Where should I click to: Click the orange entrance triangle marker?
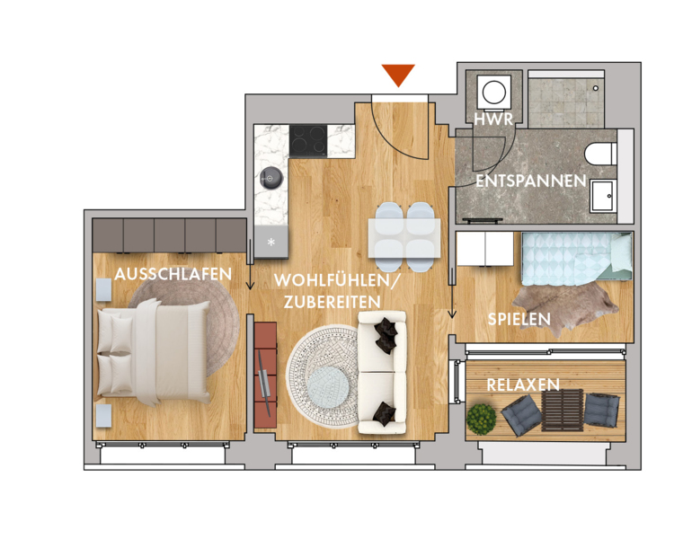point(398,75)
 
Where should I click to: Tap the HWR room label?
point(493,119)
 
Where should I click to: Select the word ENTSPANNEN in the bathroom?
point(531,181)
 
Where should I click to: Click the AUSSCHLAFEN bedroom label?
point(173,274)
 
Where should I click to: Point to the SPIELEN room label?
point(519,319)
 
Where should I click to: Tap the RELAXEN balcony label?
point(523,385)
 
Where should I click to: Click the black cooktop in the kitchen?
point(308,141)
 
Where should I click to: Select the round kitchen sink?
point(271,178)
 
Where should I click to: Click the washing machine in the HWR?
point(494,93)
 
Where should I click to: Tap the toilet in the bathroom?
point(600,154)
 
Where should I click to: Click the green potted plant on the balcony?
point(482,419)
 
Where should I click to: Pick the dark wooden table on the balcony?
point(563,411)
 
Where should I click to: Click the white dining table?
point(404,238)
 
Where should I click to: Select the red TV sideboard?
point(265,375)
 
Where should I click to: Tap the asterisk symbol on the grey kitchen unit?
point(271,242)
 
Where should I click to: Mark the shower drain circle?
point(595,88)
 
